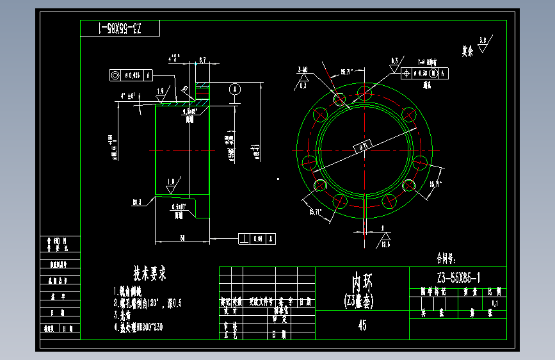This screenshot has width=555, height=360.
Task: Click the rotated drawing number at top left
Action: (x=120, y=29)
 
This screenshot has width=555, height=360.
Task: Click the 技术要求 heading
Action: (x=149, y=274)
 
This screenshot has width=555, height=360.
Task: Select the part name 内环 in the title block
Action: (x=362, y=282)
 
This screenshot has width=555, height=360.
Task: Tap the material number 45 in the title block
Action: (x=362, y=325)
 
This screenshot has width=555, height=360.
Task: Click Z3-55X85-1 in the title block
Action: (x=458, y=277)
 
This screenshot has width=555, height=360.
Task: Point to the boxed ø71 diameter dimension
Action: (x=363, y=147)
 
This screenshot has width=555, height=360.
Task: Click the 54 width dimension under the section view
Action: (x=182, y=237)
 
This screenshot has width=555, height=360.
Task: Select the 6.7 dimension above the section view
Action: (x=202, y=60)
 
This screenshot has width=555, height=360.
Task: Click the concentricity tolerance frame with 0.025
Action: (x=131, y=75)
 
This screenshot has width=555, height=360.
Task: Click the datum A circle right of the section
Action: (x=235, y=88)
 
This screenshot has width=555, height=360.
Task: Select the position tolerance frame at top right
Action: (x=426, y=73)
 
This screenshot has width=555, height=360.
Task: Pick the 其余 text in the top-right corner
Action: (x=467, y=49)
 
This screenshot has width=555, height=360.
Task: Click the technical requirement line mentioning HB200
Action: (x=138, y=325)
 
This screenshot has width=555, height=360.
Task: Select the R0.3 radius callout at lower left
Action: (x=138, y=202)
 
